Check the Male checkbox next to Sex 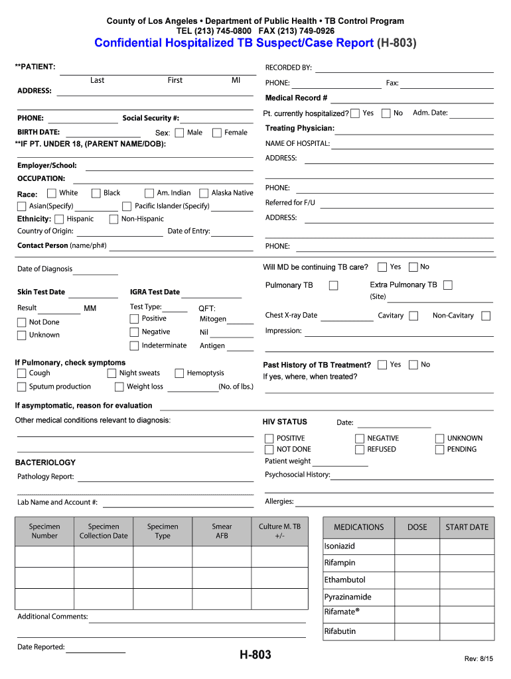click(179, 133)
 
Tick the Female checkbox click(217, 133)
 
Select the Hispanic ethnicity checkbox click(59, 219)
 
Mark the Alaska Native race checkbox click(204, 193)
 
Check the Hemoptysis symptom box click(179, 373)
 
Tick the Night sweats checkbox click(111, 373)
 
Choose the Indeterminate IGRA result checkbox click(134, 345)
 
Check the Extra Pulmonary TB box click(448, 285)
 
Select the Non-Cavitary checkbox click(486, 316)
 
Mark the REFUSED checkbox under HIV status click(360, 450)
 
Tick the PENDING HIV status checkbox click(439, 450)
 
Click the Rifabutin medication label click(340, 631)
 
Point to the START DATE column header click(467, 527)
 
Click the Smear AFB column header click(222, 531)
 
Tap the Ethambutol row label click(344, 580)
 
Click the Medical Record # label click(296, 98)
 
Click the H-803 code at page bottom click(256, 656)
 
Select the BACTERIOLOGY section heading click(45, 463)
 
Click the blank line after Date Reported click(96, 650)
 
